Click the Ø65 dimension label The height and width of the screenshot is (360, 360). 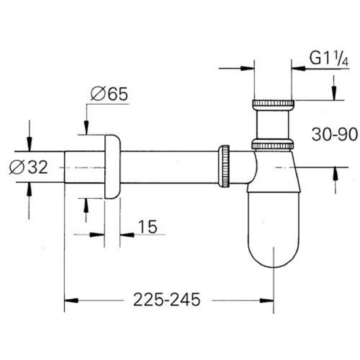[109, 94]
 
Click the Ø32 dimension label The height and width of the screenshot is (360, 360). [28, 167]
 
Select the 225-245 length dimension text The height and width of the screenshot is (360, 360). [166, 300]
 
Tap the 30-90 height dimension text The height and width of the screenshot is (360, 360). [334, 134]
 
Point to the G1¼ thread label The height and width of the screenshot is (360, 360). [329, 58]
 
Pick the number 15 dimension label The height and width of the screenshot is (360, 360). [148, 227]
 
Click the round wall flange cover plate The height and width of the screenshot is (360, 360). [112, 167]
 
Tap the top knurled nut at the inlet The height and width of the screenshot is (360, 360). [273, 104]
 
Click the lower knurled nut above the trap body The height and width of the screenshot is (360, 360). [273, 144]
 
